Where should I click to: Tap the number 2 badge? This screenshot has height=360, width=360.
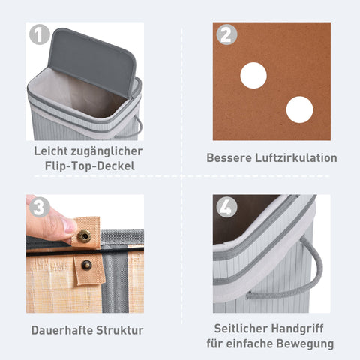[226, 35]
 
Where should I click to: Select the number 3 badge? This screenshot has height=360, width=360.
[40, 208]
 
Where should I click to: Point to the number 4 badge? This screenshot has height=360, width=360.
[226, 208]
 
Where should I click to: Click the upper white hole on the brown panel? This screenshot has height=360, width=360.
[253, 75]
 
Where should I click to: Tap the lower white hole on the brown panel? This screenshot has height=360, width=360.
[299, 109]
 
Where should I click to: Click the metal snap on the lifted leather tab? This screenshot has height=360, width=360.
[84, 237]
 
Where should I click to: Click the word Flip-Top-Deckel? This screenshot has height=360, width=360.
[88, 165]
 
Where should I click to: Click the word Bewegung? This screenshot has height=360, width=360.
[304, 344]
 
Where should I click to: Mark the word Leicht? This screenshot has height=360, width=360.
[53, 151]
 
